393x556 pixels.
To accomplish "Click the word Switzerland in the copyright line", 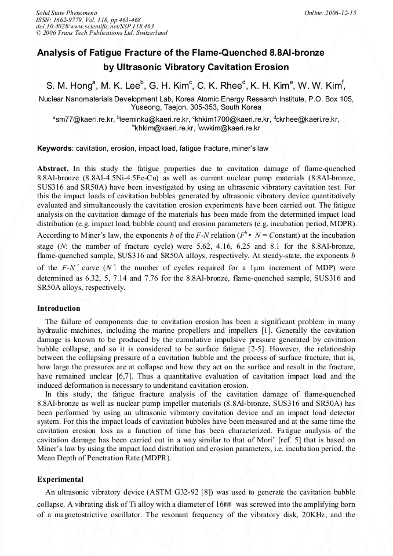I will coord(147,33).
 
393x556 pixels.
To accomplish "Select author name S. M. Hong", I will coord(69,86).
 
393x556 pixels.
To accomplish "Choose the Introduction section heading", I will coord(59,308).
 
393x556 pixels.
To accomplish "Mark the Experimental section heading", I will coord(60,479).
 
